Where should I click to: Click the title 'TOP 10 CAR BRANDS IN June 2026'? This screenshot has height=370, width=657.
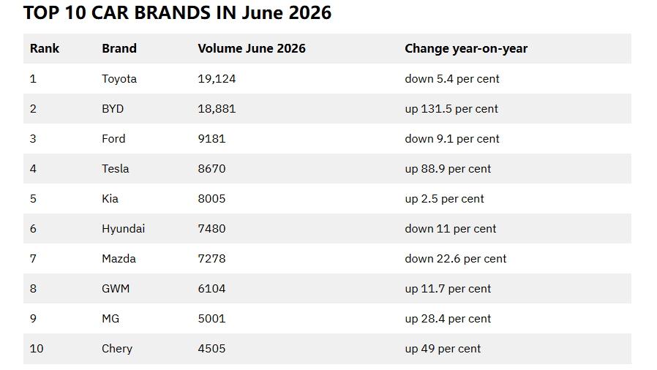click(x=177, y=12)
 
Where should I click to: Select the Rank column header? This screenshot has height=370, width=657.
click(x=45, y=48)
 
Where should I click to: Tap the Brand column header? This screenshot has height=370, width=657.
click(x=119, y=48)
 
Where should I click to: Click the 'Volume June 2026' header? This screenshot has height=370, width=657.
click(x=252, y=48)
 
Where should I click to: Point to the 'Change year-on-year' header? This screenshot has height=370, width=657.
click(x=466, y=48)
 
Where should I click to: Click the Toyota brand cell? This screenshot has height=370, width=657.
click(x=119, y=79)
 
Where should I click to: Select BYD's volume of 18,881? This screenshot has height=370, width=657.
click(x=217, y=109)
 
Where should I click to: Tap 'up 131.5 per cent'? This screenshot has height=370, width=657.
click(x=451, y=109)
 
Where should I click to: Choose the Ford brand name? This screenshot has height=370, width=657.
click(x=113, y=138)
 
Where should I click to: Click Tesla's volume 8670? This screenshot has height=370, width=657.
click(x=211, y=169)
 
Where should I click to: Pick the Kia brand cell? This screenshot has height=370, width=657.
click(x=110, y=198)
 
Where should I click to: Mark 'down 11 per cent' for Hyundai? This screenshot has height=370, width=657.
click(x=451, y=229)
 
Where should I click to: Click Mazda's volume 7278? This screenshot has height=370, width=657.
click(x=211, y=259)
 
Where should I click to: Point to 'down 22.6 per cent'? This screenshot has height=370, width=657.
click(x=456, y=259)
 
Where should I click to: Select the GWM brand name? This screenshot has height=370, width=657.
click(x=116, y=289)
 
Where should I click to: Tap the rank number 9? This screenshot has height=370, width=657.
click(x=33, y=319)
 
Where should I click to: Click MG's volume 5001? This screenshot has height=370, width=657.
click(x=211, y=319)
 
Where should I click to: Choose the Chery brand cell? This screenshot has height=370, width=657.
click(x=117, y=349)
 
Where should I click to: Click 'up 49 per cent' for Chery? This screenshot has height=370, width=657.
click(x=443, y=349)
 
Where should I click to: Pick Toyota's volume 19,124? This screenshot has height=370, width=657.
click(x=217, y=79)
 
